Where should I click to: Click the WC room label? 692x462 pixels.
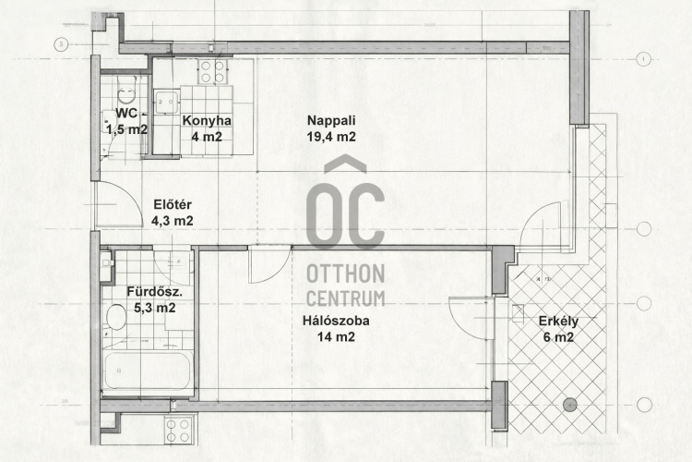coord(126,113)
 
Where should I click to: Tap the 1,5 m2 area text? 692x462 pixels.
coord(126,129)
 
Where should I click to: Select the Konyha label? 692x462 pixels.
coord(207,121)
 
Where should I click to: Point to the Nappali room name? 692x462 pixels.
coord(331,120)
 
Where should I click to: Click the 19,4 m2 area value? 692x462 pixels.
coord(331,137)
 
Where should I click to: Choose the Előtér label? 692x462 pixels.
coord(173,205)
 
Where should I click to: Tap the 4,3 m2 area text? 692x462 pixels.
coord(173,221)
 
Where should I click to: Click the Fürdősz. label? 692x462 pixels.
coord(154,292)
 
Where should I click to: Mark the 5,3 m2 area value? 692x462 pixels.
coord(154,308)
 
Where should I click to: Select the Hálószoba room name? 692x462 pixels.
coord(336,321)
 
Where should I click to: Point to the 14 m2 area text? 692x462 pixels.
coord(336,337)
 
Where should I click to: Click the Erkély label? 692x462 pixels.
coord(558,322)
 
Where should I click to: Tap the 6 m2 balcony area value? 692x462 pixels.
coord(558,337)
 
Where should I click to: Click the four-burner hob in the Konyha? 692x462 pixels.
coord(213,72)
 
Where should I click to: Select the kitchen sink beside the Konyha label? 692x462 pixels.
coord(167,103)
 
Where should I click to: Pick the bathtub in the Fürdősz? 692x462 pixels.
coord(147,371)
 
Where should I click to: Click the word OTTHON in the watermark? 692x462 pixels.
coord(346,274)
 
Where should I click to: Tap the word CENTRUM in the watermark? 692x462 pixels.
coord(346,298)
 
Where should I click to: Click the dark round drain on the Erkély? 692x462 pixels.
coord(570,405)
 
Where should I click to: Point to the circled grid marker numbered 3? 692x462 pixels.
coord(61,44)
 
